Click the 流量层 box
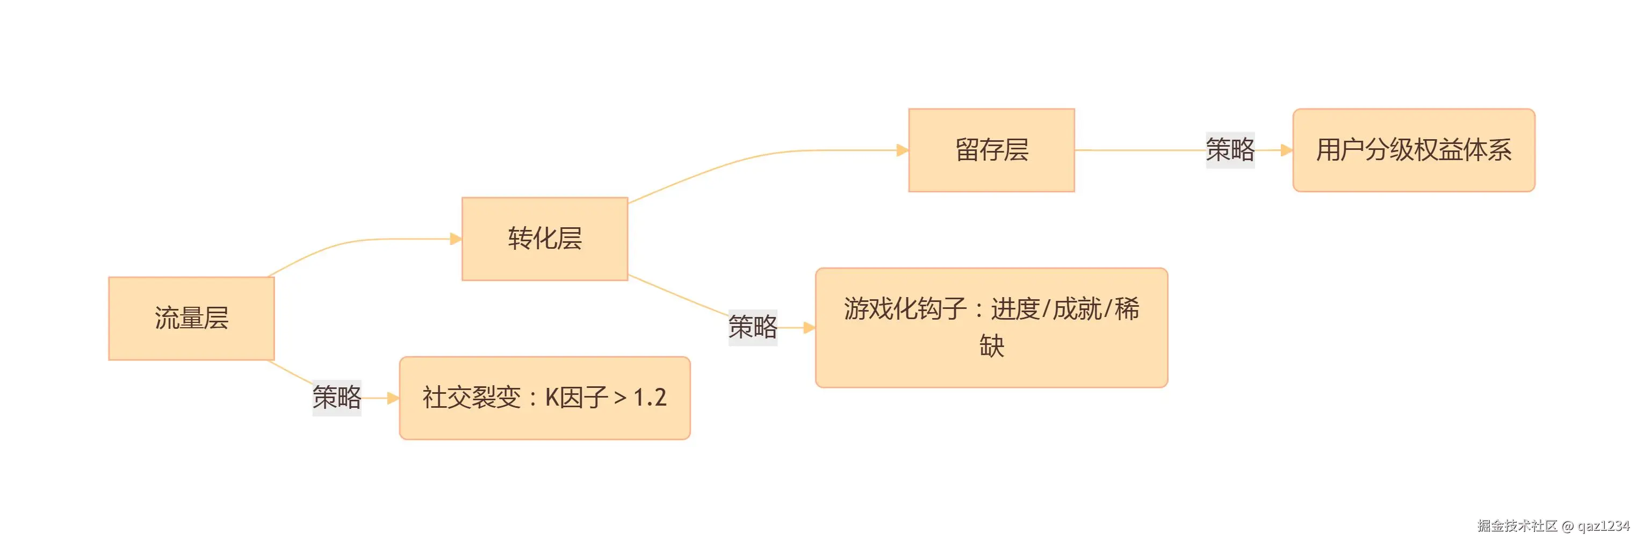[191, 319]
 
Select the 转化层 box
[544, 239]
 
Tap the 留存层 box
[991, 150]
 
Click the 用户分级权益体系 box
[1413, 150]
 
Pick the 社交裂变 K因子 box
[544, 398]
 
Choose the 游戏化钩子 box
[991, 327]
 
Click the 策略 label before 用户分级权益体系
[1230, 150]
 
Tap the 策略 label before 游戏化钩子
[753, 327]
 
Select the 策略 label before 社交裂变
[336, 398]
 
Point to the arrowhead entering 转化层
[456, 239]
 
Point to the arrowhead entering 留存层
[903, 150]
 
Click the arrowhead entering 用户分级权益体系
[1287, 150]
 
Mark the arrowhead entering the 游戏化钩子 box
[809, 328]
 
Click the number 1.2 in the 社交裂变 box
[650, 398]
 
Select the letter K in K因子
[552, 398]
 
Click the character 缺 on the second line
[991, 347]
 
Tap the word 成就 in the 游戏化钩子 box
[1077, 309]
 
